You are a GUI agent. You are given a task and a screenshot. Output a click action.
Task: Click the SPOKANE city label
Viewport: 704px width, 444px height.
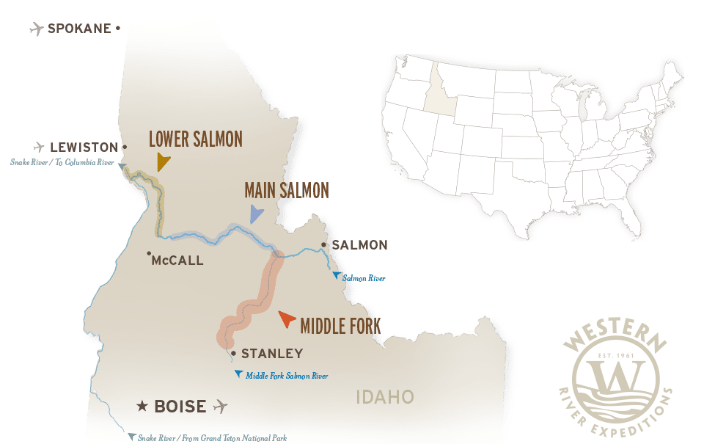pyautogui.click(x=79, y=29)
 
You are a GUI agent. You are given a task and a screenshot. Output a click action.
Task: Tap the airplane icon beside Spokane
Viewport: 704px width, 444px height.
pyautogui.click(x=35, y=29)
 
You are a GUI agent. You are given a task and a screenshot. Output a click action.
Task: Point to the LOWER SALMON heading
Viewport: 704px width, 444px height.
pyautogui.click(x=195, y=139)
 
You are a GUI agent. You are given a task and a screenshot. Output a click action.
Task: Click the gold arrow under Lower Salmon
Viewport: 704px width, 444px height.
pyautogui.click(x=163, y=161)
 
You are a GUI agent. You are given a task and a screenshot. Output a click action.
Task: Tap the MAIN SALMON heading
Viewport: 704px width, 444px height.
pyautogui.click(x=287, y=191)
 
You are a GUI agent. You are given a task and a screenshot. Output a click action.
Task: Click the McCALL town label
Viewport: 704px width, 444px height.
pyautogui.click(x=177, y=261)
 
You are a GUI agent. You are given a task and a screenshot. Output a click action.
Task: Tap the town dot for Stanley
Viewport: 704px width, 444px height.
pyautogui.click(x=233, y=354)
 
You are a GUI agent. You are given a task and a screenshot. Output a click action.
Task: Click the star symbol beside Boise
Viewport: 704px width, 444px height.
pyautogui.click(x=142, y=406)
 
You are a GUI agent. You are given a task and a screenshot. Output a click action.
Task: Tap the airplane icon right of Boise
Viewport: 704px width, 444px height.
pyautogui.click(x=219, y=406)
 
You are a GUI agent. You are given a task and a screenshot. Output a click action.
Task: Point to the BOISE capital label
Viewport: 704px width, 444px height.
pyautogui.click(x=180, y=406)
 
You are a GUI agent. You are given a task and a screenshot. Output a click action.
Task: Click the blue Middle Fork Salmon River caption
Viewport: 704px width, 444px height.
pyautogui.click(x=286, y=376)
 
